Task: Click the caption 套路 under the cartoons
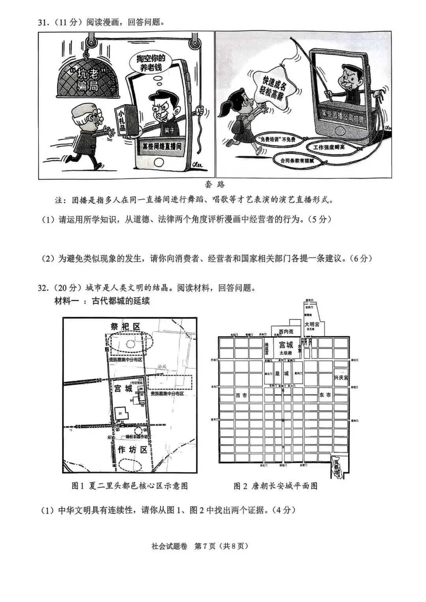pyautogui.click(x=215, y=185)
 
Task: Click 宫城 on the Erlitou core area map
pyautogui.click(x=123, y=388)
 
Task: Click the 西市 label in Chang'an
pyautogui.click(x=241, y=395)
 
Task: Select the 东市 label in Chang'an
pyautogui.click(x=325, y=395)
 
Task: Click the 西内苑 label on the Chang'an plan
pyautogui.click(x=286, y=332)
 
